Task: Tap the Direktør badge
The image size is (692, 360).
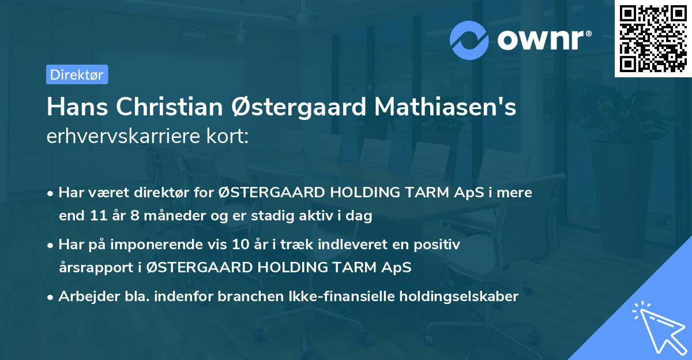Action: (77, 74)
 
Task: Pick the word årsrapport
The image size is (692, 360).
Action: (91, 268)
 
